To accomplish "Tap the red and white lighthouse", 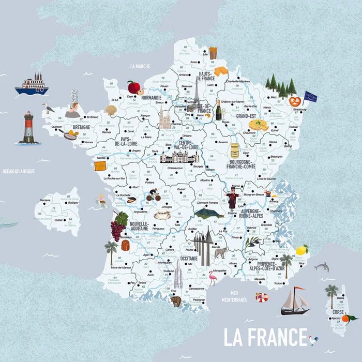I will pos(28,128).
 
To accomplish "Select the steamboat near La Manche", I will pos(32,84).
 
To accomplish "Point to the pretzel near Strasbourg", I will pos(295,101).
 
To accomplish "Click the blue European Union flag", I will pos(310,97).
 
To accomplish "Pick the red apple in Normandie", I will pos(134,87).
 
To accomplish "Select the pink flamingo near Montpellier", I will pos(212,280).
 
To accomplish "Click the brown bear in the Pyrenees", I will pos(176,301).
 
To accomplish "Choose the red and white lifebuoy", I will pos(262,297).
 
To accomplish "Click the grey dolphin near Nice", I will pos(322,267).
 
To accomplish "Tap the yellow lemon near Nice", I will pos(301,250).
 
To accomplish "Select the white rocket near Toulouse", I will pos(178,274).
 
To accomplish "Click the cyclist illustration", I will pos(153,197).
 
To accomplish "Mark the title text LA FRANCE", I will pos(265,337).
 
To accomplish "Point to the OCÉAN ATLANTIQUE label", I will pos(18,171).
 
